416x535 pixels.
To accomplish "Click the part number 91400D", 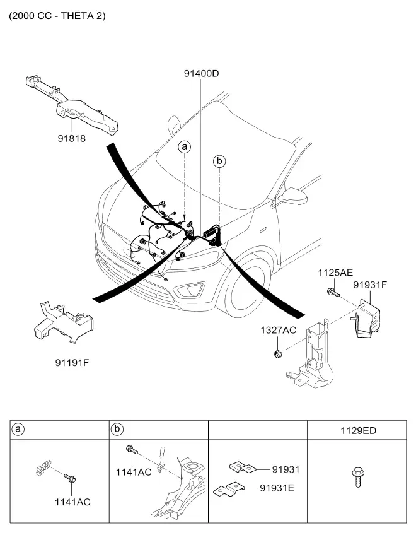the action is click(201, 73).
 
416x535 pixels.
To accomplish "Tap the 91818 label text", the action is click(72, 139).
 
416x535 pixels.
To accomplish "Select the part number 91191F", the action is click(72, 362).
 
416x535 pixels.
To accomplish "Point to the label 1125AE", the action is click(335, 273).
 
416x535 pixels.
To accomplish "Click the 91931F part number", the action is click(371, 285).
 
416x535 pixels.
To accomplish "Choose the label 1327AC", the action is click(279, 331).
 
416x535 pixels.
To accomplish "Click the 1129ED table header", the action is click(359, 431).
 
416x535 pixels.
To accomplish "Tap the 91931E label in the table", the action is click(277, 488).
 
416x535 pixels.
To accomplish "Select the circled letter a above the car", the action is click(185, 147).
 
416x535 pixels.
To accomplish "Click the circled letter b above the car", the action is click(219, 161).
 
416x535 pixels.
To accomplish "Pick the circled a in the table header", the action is click(18, 429).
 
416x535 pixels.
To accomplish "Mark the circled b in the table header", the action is click(117, 429).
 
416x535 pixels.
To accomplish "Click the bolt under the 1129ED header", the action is click(357, 477).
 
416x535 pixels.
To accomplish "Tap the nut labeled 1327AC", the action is click(278, 354).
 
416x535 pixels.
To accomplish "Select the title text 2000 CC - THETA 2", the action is click(57, 16).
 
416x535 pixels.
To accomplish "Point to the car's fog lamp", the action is click(189, 290).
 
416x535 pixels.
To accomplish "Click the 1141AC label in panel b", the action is click(134, 472).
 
